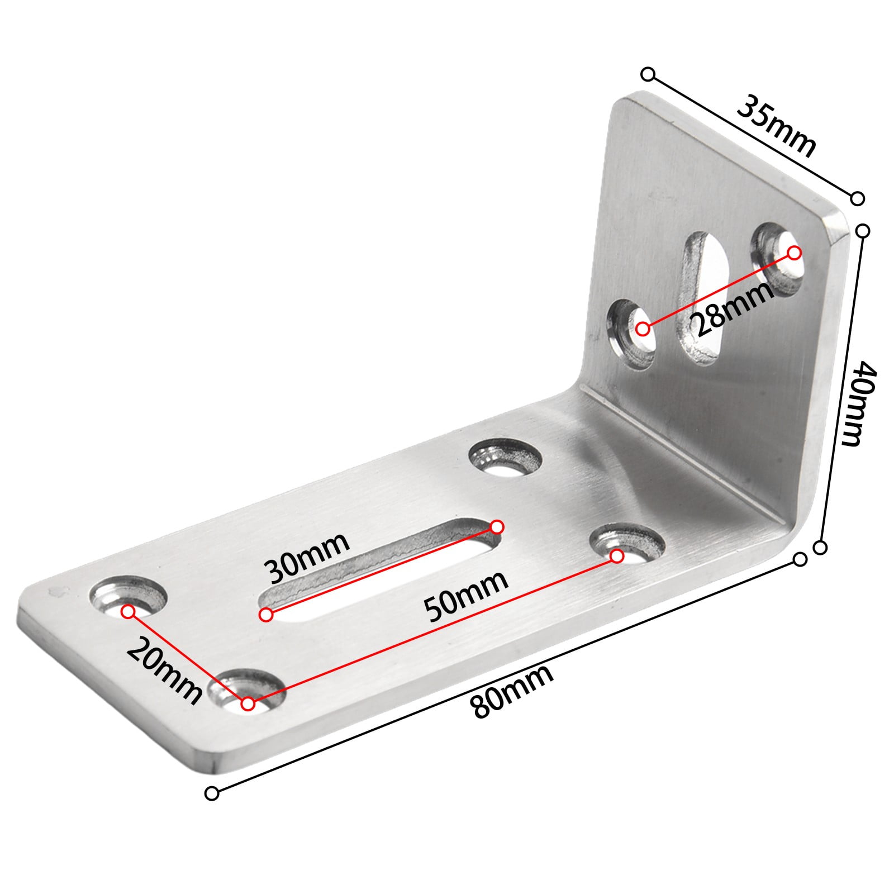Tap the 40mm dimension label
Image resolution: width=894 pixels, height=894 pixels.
click(x=859, y=403)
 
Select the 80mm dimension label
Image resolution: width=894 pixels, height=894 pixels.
click(x=512, y=691)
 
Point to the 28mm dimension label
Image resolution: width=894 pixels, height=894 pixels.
click(x=732, y=309)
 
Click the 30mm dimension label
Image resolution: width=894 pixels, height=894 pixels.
click(x=307, y=556)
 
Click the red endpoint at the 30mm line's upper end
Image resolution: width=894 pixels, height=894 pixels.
click(x=497, y=527)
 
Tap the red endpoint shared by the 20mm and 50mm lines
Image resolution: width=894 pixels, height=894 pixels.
click(x=249, y=705)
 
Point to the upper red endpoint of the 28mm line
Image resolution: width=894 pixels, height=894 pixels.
click(x=794, y=253)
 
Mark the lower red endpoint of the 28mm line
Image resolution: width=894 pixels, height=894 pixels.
click(x=643, y=329)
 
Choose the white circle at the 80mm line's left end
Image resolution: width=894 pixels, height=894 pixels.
click(x=212, y=793)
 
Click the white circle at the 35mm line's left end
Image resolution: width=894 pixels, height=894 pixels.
click(x=648, y=74)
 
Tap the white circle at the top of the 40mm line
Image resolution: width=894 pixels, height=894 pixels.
click(x=863, y=231)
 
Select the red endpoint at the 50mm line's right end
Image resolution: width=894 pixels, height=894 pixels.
click(x=617, y=557)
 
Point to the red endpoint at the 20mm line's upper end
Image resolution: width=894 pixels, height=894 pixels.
click(x=129, y=612)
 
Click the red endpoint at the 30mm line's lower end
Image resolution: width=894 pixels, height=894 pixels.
click(x=267, y=615)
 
